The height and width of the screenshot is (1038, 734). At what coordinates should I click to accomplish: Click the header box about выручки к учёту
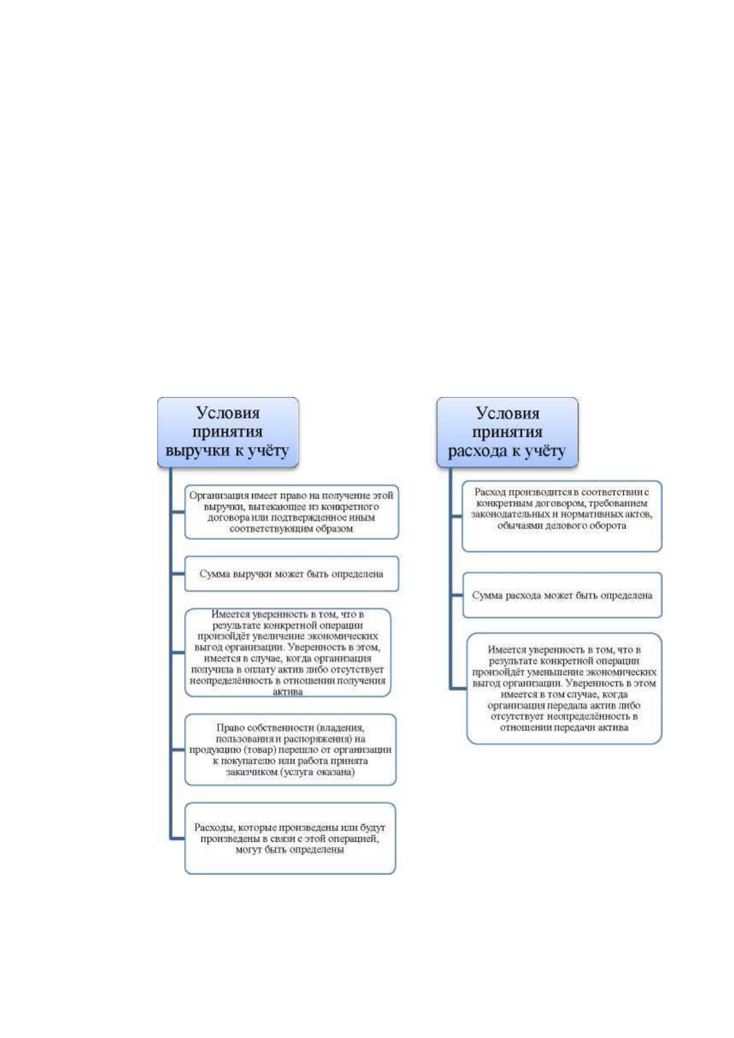click(227, 431)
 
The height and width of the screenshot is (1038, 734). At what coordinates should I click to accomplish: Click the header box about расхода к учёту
click(507, 431)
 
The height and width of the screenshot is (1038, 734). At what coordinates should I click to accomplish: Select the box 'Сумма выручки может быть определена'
click(292, 574)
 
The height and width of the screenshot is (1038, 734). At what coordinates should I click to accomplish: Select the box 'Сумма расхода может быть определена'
click(562, 595)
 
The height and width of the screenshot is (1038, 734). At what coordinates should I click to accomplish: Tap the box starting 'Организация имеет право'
click(292, 512)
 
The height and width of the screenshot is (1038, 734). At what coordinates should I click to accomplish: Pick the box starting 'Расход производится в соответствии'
click(562, 516)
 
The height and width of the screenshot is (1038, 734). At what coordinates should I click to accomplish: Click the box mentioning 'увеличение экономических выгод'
click(288, 653)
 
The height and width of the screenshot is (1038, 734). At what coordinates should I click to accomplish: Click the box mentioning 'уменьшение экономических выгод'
click(564, 689)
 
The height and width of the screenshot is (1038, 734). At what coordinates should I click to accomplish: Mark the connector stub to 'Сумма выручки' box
click(178, 574)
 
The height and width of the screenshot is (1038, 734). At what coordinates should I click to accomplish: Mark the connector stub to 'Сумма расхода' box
click(457, 595)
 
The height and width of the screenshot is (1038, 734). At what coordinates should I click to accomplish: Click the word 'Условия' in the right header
click(508, 413)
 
